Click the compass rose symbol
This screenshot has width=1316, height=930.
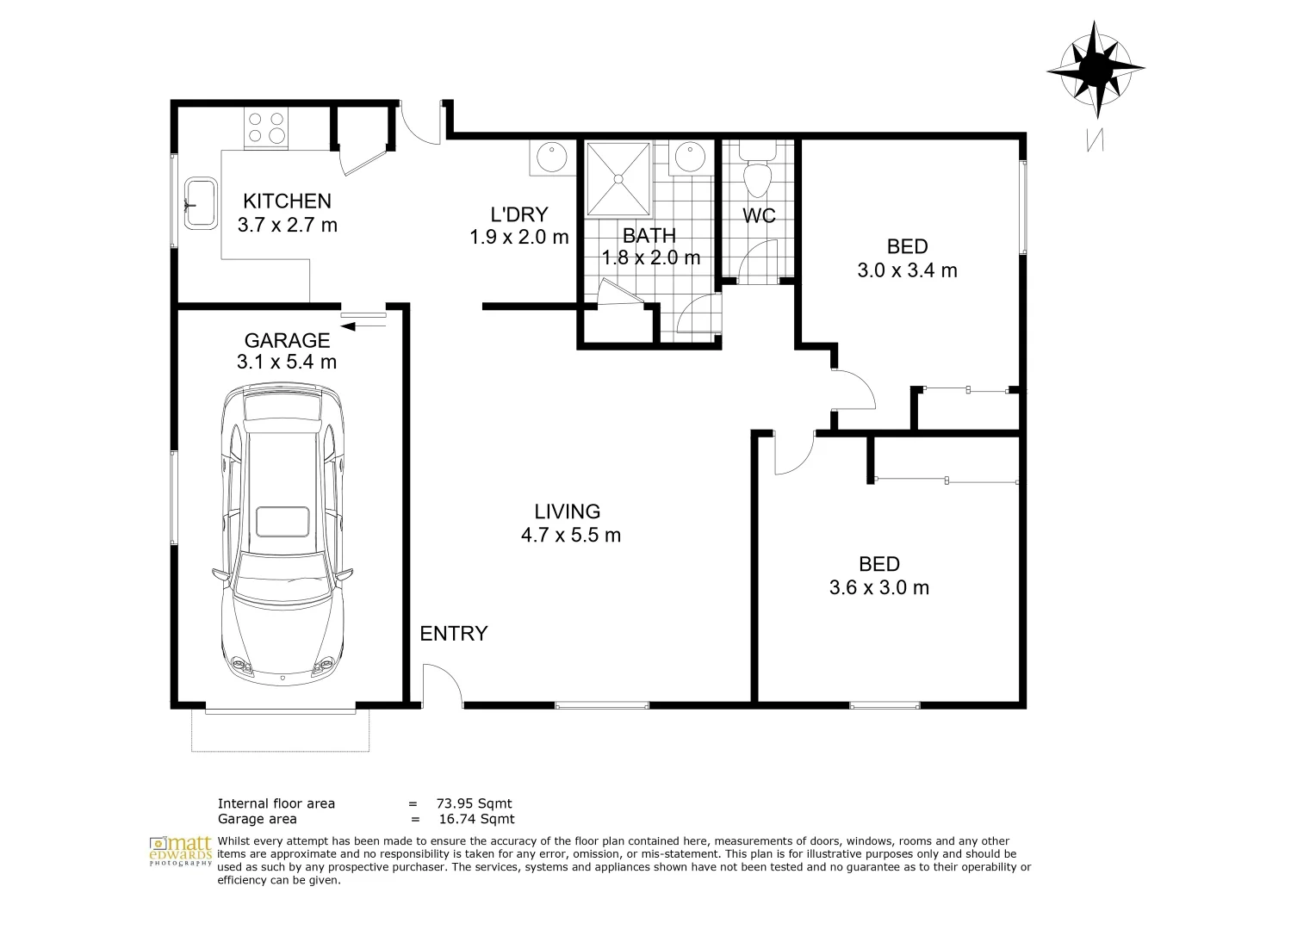(x=1096, y=68)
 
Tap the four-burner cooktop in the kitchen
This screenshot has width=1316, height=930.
(x=265, y=127)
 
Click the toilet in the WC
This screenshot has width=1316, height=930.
(x=758, y=176)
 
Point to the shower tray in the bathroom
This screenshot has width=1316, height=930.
(x=618, y=178)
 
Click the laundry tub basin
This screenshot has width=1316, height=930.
(x=550, y=158)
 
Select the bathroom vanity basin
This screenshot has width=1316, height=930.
(x=689, y=158)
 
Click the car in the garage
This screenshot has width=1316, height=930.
(x=283, y=534)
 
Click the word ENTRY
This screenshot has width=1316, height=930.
(x=454, y=634)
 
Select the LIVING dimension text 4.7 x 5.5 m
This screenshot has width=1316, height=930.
(x=570, y=535)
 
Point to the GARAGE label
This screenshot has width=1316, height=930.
(x=287, y=340)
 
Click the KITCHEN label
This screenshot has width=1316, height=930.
(x=287, y=201)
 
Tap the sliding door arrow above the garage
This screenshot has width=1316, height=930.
(x=363, y=325)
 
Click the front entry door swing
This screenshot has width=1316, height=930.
(x=442, y=685)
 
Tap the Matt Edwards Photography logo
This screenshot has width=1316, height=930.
(x=180, y=849)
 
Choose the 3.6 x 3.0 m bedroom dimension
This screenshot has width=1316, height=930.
(x=878, y=588)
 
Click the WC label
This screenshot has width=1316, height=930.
(x=759, y=215)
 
